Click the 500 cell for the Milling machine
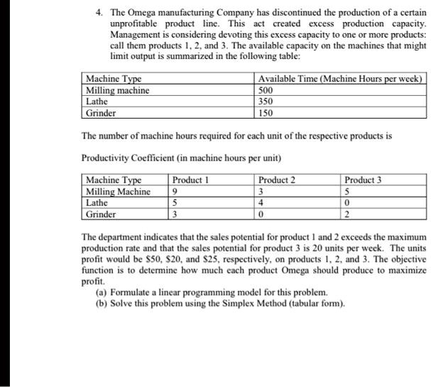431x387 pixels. tap(266, 90)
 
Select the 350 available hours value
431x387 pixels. tap(266, 102)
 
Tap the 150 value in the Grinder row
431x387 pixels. tap(266, 113)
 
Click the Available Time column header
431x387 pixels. tap(340, 79)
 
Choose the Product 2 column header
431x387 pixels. tap(278, 180)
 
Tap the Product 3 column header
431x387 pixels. tap(362, 180)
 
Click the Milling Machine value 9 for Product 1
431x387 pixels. tap(175, 192)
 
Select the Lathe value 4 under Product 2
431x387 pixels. tap(261, 203)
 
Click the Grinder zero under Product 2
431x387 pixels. tap(261, 214)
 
